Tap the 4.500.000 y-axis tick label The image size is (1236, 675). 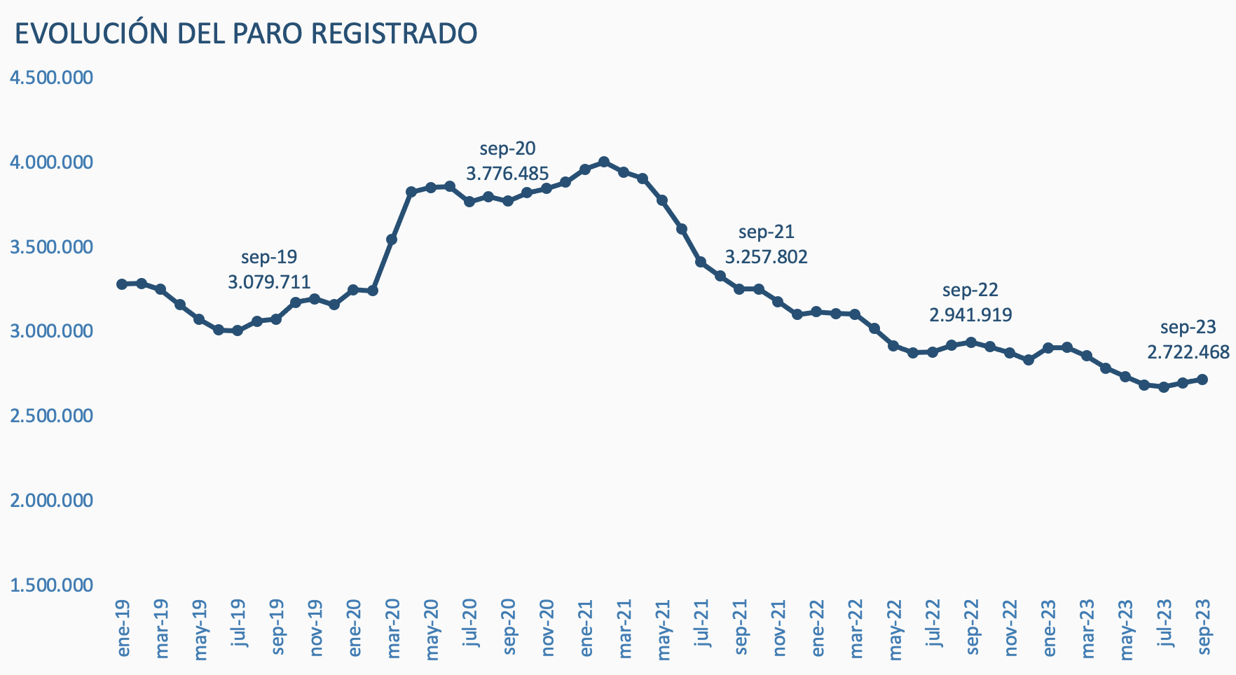[52, 77]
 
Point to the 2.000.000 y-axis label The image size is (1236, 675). [52, 500]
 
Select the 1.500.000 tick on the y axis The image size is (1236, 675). [52, 585]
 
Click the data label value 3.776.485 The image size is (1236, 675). [507, 174]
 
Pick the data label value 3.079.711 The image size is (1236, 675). [269, 282]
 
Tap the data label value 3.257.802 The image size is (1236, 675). [766, 257]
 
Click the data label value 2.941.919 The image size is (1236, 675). [970, 315]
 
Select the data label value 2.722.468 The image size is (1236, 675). [1188, 352]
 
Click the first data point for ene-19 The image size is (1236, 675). [122, 284]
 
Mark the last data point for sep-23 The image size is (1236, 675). [1202, 380]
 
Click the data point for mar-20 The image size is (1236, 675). [392, 239]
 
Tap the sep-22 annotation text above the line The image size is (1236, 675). [970, 290]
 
